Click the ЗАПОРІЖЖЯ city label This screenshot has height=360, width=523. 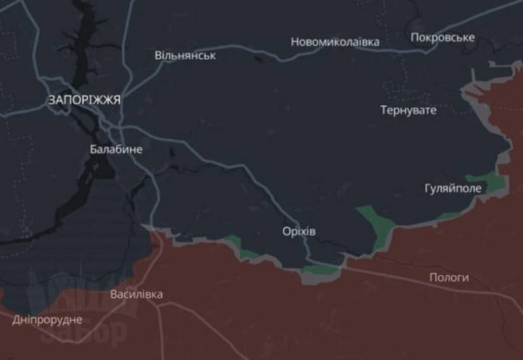86,99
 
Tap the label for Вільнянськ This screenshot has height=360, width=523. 185,56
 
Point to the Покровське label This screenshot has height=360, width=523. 443,38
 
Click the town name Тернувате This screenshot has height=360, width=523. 409,110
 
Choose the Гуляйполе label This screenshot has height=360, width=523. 452,187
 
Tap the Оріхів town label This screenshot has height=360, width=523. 299,231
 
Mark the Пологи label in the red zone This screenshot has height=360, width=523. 449,277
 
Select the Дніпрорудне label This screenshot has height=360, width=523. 47,319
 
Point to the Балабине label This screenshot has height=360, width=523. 116,148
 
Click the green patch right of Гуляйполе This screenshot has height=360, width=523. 486,181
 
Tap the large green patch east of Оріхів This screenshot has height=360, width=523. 374,222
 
